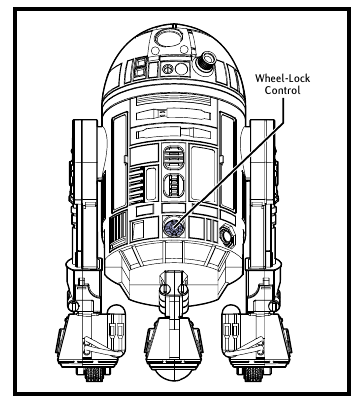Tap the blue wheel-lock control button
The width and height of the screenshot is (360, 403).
click(173, 227)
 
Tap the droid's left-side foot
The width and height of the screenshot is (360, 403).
click(100, 329)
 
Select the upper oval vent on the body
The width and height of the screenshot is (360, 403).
click(173, 158)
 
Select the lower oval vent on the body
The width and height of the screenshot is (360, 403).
click(173, 188)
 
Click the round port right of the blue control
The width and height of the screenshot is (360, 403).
click(227, 236)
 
